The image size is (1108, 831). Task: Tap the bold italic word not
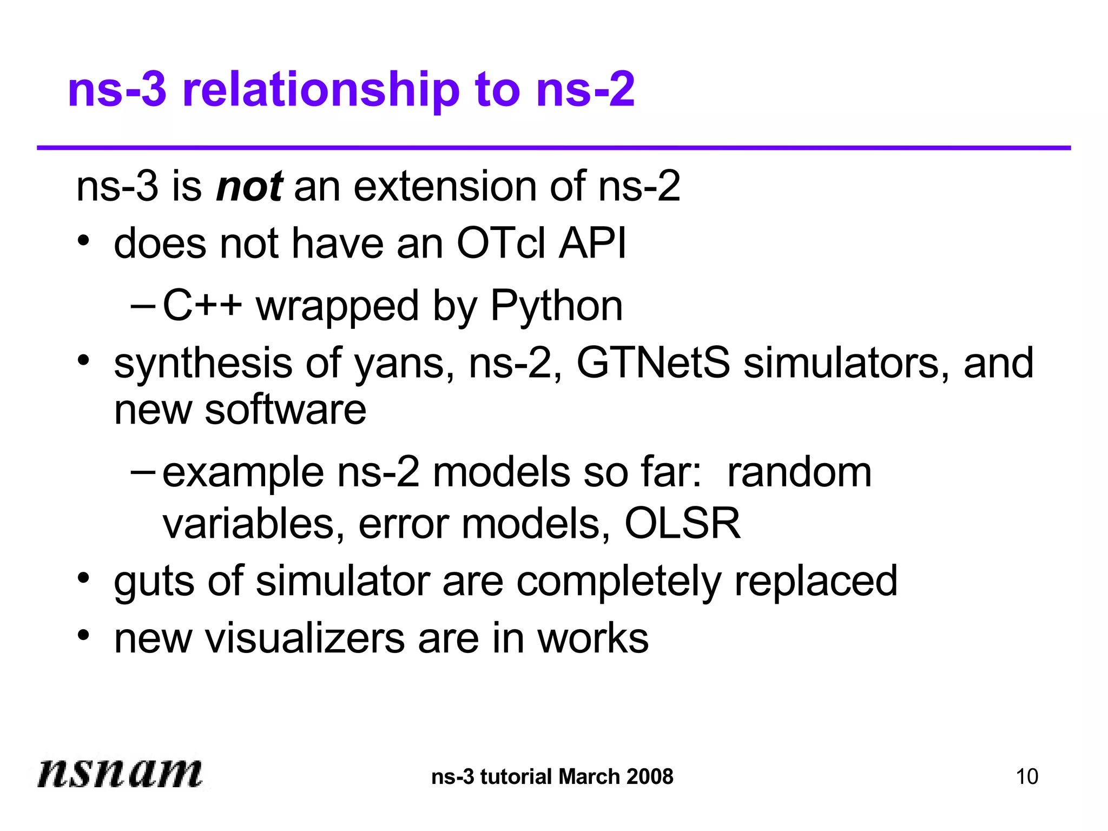[249, 187]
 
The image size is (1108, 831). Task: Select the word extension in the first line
[445, 187]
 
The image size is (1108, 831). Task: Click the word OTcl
[500, 243]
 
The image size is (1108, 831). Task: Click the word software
[286, 410]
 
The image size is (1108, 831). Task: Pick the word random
[799, 472]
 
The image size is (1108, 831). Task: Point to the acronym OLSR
[682, 524]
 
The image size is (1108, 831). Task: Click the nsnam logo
[120, 772]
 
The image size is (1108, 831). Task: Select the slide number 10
[1027, 777]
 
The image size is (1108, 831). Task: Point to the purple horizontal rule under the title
[553, 148]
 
